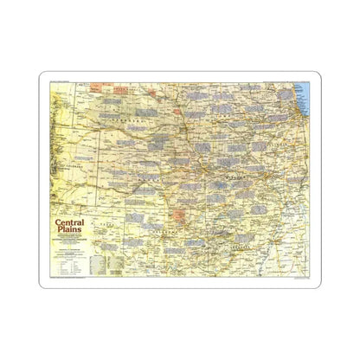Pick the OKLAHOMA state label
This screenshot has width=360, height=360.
[164, 232]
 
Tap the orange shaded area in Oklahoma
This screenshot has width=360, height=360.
[179, 215]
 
